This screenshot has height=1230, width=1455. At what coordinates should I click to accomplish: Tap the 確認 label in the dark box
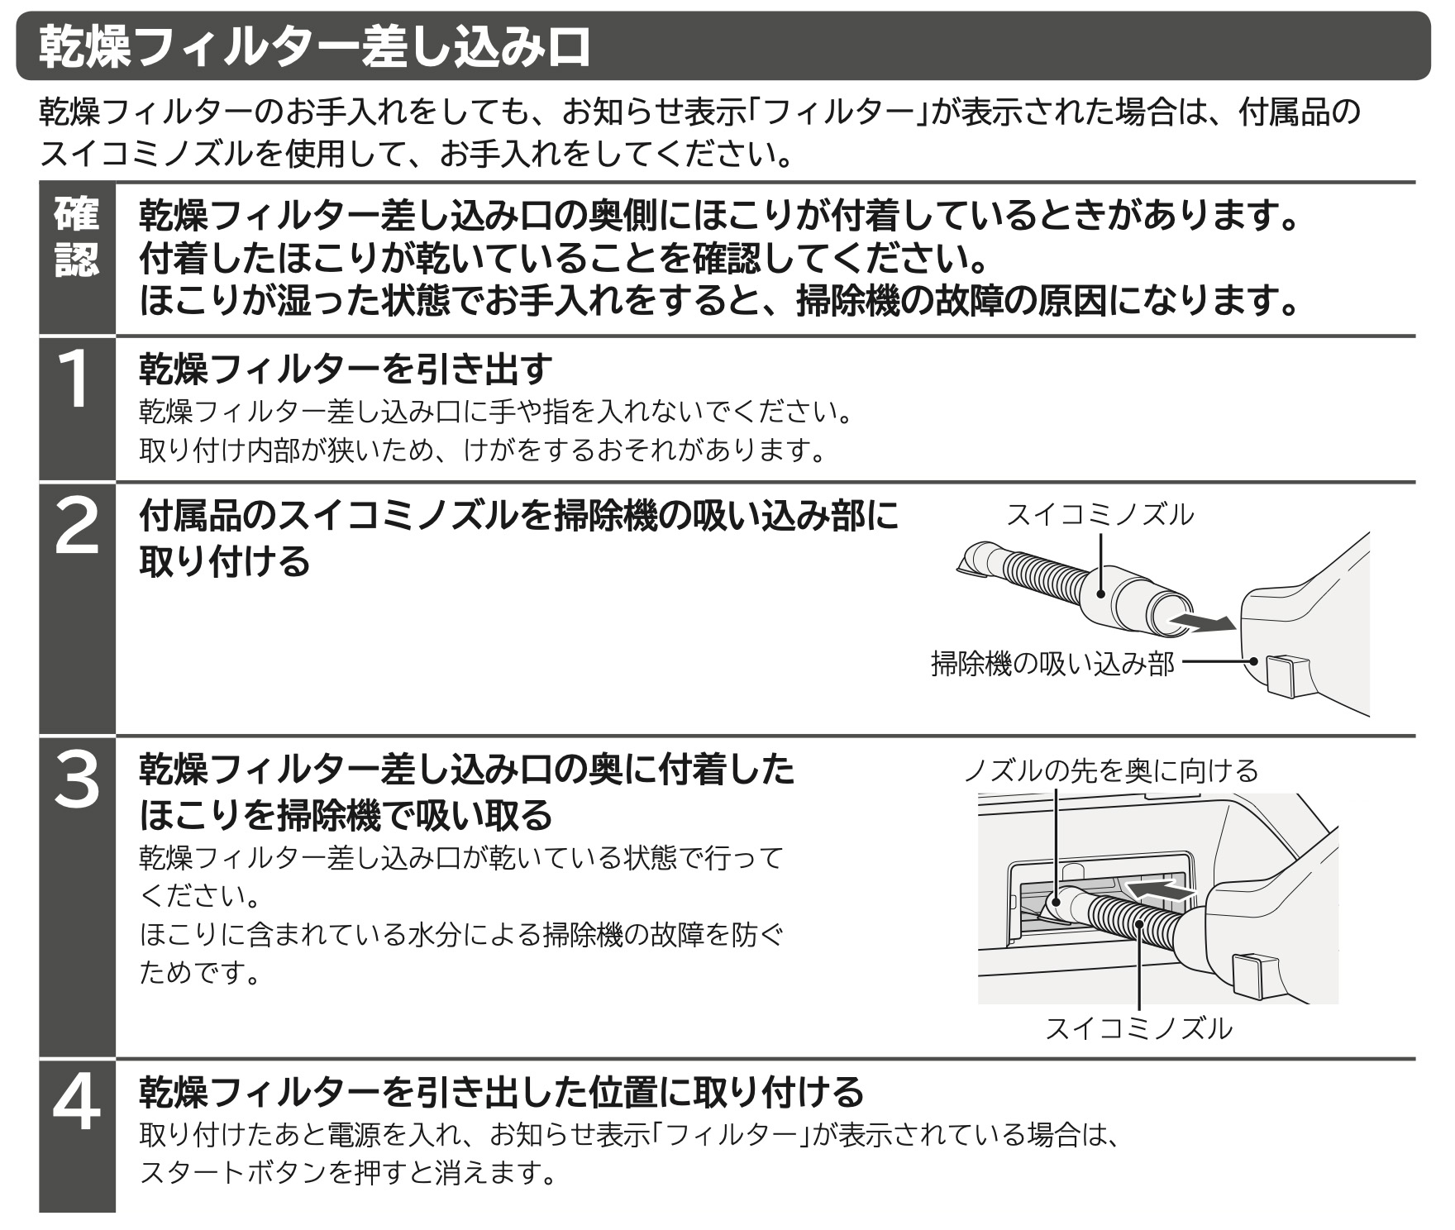pyautogui.click(x=77, y=237)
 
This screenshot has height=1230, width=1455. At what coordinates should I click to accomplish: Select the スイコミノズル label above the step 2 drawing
pyautogui.click(x=1100, y=515)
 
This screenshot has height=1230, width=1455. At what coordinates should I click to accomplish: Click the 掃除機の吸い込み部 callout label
pyautogui.click(x=1052, y=663)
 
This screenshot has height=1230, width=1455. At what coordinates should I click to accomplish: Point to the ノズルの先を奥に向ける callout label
pyautogui.click(x=1111, y=770)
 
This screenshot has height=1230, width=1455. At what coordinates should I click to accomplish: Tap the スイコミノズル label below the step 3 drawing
pyautogui.click(x=1139, y=1028)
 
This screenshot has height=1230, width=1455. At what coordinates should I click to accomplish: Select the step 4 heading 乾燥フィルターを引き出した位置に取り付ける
pyautogui.click(x=501, y=1091)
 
